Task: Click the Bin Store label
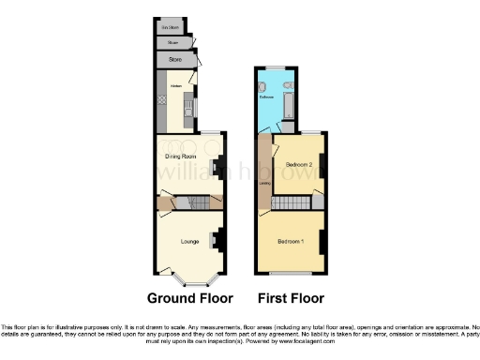tap(169, 27)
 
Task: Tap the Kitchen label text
tap(174, 85)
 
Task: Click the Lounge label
tap(189, 242)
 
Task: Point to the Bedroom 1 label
tap(291, 242)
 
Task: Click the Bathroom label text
tap(265, 97)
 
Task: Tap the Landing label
tap(264, 170)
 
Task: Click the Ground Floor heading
tap(189, 298)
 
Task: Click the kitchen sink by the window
tap(191, 112)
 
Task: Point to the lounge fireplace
tap(217, 241)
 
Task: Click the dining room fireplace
tap(217, 169)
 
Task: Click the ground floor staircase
tap(192, 203)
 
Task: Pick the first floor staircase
tap(293, 202)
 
